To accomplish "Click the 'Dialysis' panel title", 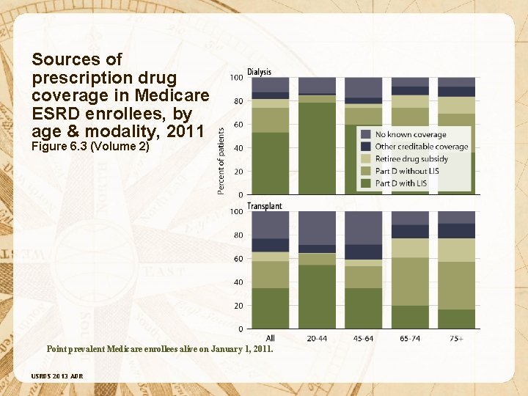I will click(259, 71).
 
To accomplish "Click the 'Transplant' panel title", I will click(264, 206).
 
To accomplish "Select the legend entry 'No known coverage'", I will click(410, 134).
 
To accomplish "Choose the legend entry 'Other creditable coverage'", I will click(421, 147).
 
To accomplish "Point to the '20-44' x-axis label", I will click(317, 338).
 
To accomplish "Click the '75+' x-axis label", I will click(457, 338).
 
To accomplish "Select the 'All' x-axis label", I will click(271, 338).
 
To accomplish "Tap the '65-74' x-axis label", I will click(410, 338).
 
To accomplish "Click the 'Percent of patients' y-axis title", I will click(221, 158).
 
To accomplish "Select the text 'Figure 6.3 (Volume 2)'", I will click(91, 146).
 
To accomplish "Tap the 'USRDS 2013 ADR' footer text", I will click(57, 376).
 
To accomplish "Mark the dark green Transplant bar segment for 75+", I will click(457, 319).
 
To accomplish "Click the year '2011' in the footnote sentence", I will click(260, 349).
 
